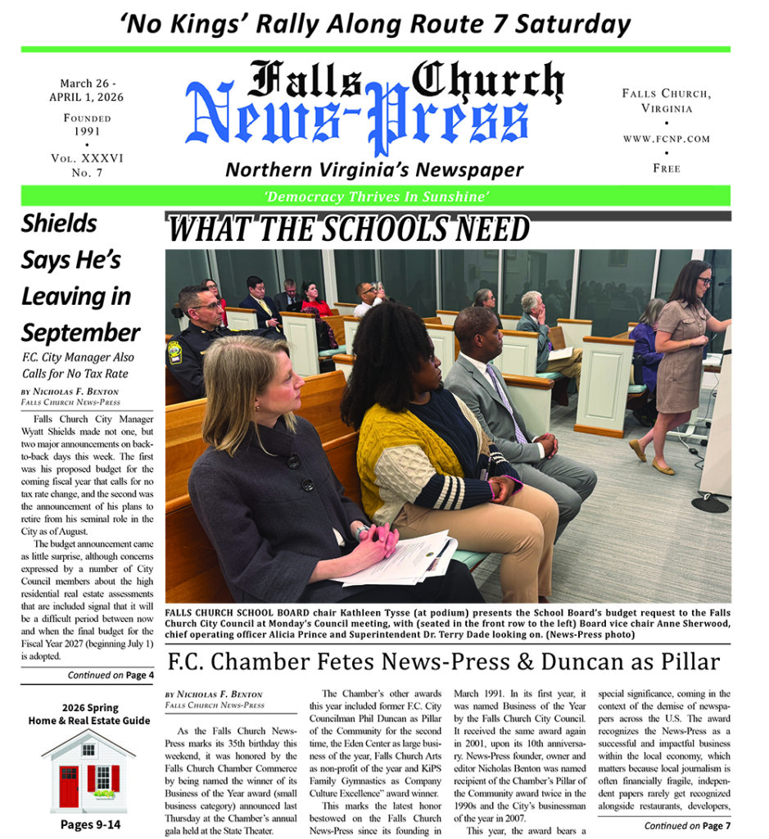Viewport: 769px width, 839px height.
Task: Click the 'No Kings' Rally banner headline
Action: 376,23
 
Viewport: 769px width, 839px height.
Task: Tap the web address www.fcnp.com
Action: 666,138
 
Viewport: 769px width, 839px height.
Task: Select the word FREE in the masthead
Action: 666,168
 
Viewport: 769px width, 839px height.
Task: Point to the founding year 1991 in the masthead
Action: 86,131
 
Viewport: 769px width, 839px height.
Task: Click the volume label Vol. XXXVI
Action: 86,158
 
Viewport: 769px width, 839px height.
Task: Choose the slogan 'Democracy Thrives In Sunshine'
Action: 376,196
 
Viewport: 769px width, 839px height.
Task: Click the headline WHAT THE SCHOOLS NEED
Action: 349,229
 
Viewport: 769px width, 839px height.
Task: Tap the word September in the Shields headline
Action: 80,333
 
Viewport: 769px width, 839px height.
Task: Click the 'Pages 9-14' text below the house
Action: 90,823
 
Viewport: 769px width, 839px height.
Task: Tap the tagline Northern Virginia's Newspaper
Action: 374,170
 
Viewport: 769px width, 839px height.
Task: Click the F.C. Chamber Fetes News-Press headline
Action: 442,661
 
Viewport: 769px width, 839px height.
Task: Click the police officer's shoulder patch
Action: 174,352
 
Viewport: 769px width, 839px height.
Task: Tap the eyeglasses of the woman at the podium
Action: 705,281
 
